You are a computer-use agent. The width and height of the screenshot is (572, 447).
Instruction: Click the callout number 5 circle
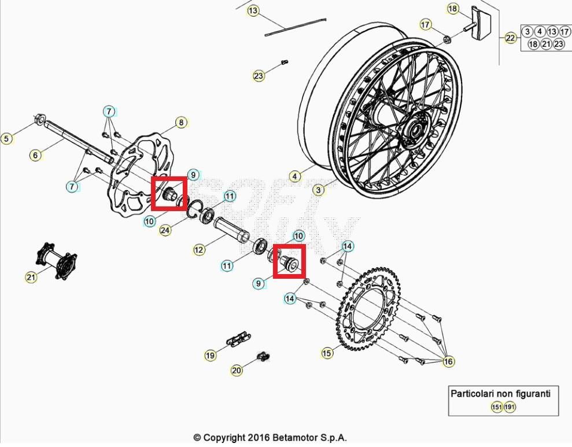(x=6, y=139)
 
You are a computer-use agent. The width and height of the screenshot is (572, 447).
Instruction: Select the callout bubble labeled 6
(x=35, y=155)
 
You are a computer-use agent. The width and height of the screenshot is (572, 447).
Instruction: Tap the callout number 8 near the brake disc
(x=180, y=123)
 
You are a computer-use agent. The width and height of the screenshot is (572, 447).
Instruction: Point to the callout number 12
(x=198, y=250)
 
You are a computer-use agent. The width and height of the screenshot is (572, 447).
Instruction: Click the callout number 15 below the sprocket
(x=327, y=353)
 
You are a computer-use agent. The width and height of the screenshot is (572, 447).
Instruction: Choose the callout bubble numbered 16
(x=448, y=361)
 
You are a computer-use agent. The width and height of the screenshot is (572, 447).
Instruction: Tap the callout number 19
(x=210, y=355)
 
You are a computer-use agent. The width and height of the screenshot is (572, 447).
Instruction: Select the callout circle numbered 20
(x=236, y=370)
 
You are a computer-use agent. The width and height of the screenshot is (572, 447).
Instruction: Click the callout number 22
(x=511, y=38)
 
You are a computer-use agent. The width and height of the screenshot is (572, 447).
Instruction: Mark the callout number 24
(x=165, y=230)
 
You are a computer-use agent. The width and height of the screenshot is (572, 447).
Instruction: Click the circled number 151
(x=497, y=407)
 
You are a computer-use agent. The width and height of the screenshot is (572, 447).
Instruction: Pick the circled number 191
(x=510, y=407)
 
